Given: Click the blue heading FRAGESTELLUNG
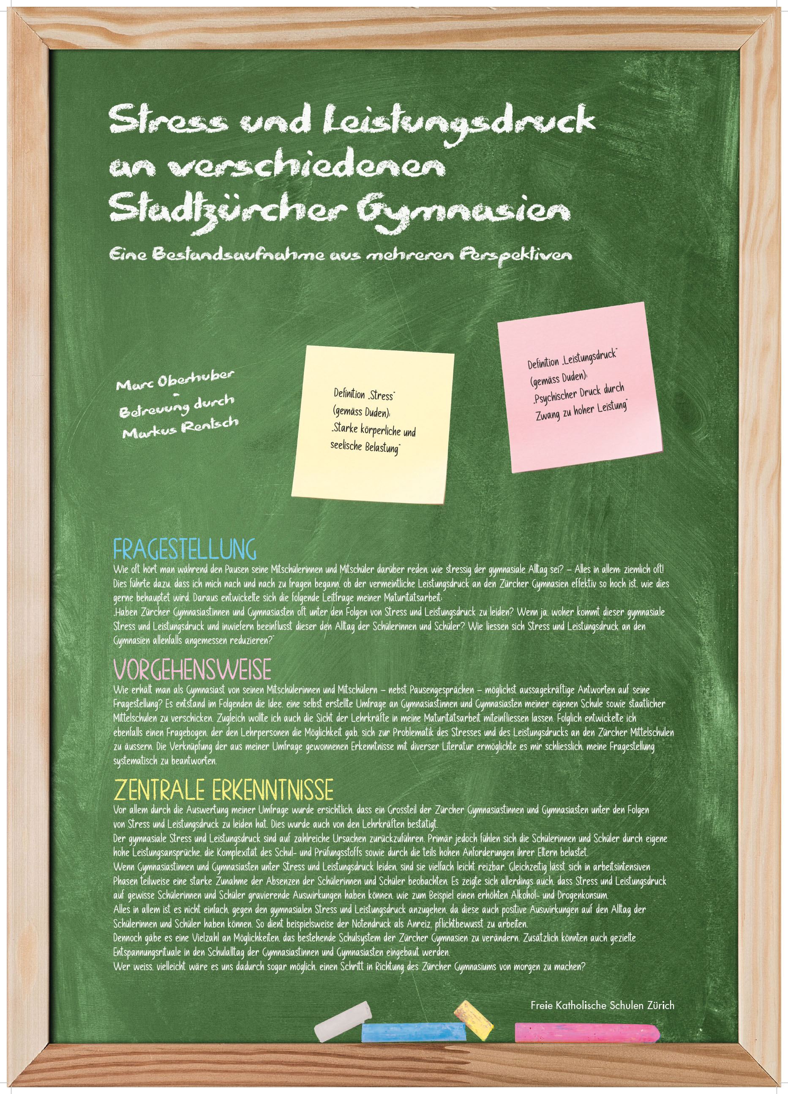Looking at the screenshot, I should tap(185, 550).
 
